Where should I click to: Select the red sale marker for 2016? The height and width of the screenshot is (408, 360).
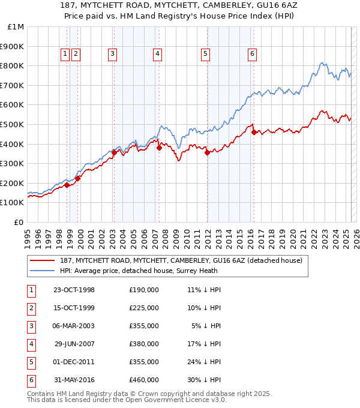254,133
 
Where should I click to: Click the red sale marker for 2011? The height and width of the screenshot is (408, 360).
207,153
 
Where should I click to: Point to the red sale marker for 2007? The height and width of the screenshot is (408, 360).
159,148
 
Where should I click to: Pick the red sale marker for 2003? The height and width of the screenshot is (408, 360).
114,153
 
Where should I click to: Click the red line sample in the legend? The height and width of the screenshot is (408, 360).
42,260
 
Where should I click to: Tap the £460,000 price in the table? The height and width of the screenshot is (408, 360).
143,379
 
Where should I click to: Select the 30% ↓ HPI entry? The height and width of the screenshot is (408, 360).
205,379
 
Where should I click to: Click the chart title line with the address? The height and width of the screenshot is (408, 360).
180,5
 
